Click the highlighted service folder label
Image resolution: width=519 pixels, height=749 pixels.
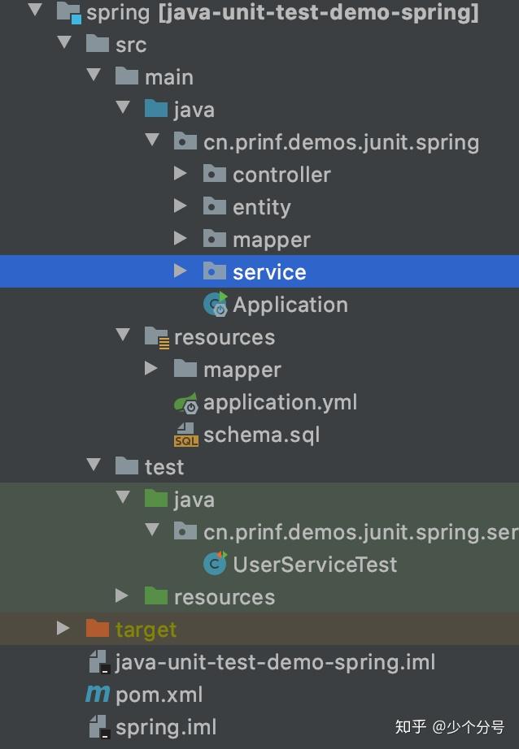pos(268,272)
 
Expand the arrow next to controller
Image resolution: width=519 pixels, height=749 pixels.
pos(181,174)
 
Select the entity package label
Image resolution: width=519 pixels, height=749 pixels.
pos(261,207)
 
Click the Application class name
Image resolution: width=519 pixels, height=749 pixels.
pos(290,305)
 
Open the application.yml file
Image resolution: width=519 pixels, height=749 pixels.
pos(280,402)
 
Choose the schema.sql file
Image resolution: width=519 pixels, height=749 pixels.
pos(261,435)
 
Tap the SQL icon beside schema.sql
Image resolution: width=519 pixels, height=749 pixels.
pos(185,435)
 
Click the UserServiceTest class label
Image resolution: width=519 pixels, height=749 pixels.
pos(315,565)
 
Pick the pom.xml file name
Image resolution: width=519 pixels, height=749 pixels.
pos(159,695)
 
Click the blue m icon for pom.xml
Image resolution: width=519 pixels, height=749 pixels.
pos(97,695)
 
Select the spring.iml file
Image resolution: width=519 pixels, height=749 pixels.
pos(166,727)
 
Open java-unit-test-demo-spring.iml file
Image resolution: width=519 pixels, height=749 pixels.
pos(275,662)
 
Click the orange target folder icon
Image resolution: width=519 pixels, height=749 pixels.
pos(97,629)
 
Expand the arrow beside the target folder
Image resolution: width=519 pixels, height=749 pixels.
pos(63,629)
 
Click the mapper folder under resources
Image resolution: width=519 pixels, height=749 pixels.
pos(242,370)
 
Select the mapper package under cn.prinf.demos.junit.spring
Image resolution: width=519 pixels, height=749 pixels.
pos(271,240)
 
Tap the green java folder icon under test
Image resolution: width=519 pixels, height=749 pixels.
pos(156,499)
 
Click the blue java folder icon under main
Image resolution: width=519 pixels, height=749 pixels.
pos(156,109)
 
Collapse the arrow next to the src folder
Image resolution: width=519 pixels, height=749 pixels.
pos(64,44)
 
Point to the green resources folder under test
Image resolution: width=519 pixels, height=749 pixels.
pos(224,597)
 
